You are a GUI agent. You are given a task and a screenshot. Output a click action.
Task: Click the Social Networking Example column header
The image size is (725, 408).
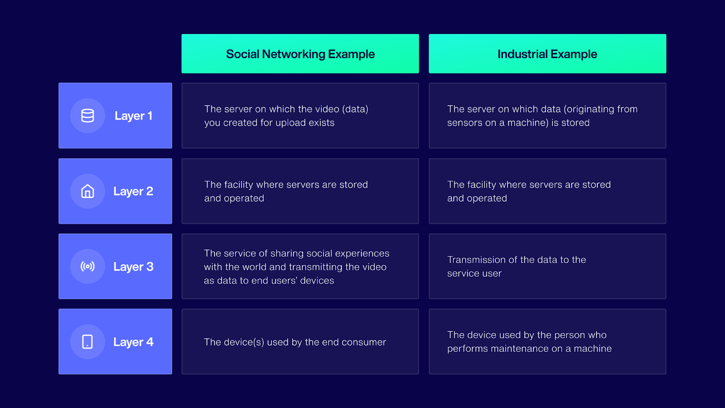300,54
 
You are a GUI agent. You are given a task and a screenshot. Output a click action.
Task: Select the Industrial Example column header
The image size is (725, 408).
547,54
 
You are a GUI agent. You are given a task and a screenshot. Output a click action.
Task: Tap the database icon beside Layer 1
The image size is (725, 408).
87,116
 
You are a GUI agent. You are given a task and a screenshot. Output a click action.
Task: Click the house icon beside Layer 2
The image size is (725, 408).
87,191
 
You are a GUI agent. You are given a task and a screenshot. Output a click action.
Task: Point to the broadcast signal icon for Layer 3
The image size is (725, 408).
87,267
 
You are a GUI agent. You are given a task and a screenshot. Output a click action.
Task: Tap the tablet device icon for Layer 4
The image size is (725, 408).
87,342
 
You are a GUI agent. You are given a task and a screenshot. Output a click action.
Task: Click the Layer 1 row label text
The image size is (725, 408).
133,116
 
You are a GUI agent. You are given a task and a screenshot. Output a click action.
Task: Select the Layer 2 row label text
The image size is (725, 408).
133,191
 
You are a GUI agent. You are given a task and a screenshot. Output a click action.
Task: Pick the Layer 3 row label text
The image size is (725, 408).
133,267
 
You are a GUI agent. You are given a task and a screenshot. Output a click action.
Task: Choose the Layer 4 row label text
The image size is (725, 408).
133,342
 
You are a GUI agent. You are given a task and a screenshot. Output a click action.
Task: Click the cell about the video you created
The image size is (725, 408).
300,116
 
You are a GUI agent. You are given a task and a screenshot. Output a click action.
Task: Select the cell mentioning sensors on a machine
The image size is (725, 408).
547,116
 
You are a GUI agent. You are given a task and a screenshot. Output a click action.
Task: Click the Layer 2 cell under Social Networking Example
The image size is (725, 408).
300,191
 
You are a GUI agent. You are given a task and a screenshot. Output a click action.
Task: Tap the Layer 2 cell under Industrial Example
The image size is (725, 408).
547,191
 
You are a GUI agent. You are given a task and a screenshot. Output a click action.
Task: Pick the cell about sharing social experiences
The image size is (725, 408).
300,267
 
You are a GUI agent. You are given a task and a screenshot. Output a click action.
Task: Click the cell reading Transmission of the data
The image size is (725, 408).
547,267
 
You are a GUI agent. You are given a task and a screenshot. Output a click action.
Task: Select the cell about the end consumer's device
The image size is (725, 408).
300,342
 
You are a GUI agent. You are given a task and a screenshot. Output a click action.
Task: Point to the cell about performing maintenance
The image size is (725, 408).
547,342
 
